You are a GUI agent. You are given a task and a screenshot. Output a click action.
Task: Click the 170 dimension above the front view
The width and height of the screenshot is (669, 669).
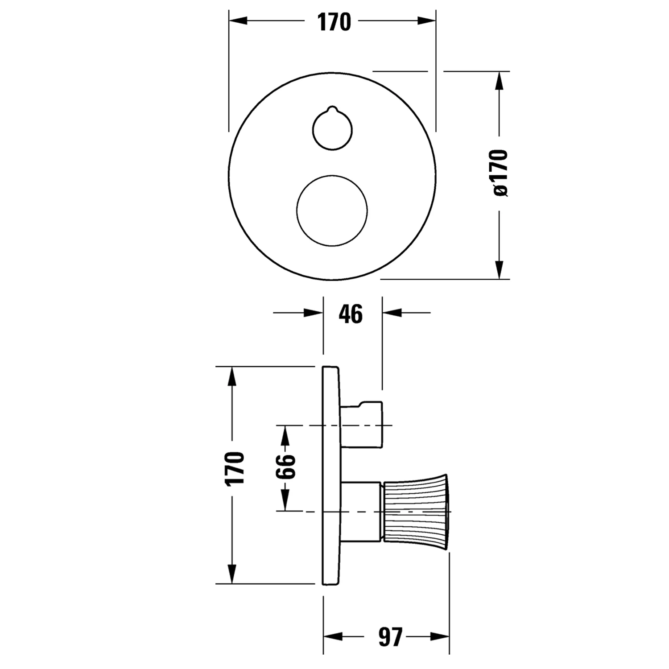click(334, 22)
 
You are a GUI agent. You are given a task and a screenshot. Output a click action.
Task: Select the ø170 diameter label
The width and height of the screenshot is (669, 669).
click(499, 173)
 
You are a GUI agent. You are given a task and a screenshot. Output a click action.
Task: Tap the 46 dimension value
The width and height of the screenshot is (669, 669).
click(351, 314)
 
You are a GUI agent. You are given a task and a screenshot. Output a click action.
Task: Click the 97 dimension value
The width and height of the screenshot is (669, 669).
click(390, 637)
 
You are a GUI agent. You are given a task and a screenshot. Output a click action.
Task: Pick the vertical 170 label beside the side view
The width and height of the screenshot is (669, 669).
click(235, 468)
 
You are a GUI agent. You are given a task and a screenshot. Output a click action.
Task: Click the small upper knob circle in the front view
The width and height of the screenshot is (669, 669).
click(332, 129)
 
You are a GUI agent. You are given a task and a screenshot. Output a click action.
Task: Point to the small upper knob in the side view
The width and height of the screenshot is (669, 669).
click(361, 424)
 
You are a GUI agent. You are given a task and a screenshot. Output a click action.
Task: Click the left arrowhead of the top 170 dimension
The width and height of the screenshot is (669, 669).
click(238, 21)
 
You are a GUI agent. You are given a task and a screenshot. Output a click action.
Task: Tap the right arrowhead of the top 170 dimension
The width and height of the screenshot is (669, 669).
click(426, 21)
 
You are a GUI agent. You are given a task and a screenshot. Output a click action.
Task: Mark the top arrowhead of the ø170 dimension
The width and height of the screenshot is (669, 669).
click(499, 81)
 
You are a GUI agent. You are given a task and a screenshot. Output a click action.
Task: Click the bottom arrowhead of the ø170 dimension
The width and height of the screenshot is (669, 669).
click(499, 270)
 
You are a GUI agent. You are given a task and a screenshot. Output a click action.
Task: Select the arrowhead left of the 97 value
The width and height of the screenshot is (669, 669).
click(333, 636)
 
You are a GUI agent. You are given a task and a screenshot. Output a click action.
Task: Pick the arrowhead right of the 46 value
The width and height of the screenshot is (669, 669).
click(392, 313)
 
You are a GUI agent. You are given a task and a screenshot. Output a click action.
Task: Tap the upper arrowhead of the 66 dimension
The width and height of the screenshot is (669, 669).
click(285, 435)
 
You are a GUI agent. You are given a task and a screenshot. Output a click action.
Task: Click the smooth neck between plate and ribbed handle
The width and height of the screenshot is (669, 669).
click(361, 512)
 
